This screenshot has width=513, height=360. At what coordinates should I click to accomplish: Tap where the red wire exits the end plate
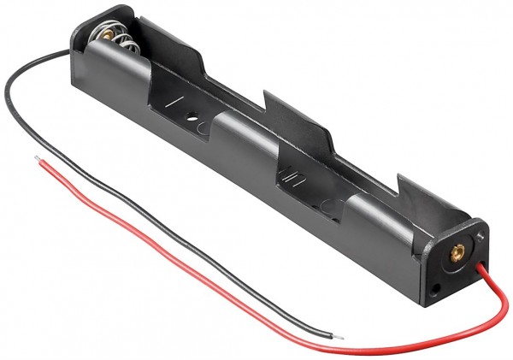point(482,267)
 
